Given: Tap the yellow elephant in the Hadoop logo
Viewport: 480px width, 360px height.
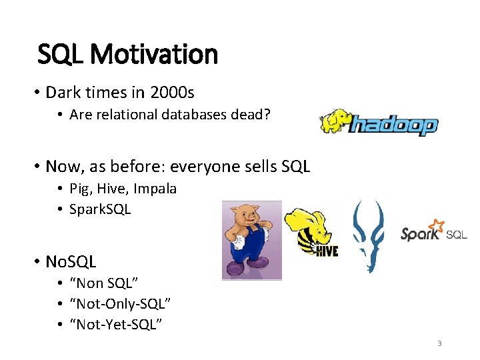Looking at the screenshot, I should point(335,121).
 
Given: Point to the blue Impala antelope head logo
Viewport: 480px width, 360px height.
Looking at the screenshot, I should point(368,237).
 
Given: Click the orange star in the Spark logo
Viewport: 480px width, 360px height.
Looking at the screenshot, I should point(437,225).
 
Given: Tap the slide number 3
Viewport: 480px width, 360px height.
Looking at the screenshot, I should point(439,343).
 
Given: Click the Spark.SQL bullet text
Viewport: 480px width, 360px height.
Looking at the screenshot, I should point(100,209).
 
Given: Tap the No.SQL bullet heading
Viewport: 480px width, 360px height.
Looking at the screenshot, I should point(71,261).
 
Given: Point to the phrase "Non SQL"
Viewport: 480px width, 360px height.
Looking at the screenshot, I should point(103,284).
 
